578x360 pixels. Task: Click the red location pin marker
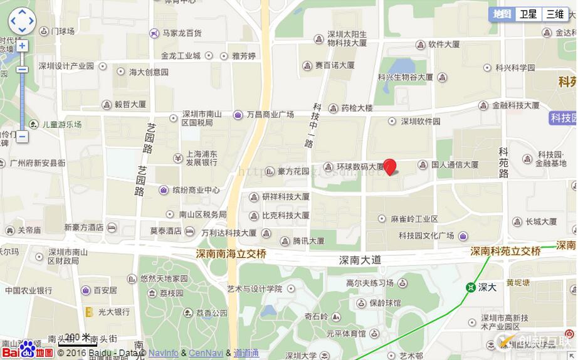tap(390, 166)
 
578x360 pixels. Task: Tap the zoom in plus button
tap(22, 46)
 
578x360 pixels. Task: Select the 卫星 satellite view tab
tap(528, 14)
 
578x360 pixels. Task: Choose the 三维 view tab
tap(554, 14)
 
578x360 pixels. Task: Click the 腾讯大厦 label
tap(308, 240)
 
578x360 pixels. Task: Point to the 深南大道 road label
tap(360, 259)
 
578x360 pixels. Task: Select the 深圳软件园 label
tap(421, 121)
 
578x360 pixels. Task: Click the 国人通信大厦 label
tap(455, 165)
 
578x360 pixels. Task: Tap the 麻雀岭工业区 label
tap(414, 219)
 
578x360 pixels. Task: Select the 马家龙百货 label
tap(182, 33)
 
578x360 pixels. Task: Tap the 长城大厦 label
tap(541, 221)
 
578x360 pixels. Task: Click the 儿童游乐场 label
tap(61, 124)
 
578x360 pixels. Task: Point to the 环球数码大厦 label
tap(360, 167)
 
